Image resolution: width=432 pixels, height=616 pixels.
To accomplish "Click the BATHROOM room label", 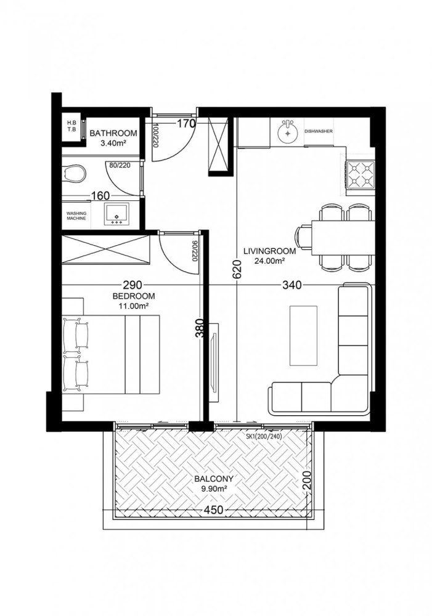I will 113,132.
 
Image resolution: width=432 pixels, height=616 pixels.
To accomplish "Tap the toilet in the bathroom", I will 75,174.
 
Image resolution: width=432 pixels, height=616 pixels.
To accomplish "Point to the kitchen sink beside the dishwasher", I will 287,131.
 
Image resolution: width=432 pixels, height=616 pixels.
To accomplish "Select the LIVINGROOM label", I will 269,251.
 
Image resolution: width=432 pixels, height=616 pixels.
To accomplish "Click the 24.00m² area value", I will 269,260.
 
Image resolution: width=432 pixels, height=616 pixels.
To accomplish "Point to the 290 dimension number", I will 132,285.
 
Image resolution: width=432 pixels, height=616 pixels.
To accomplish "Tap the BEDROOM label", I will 133,296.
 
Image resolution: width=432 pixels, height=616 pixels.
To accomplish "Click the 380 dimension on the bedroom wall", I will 199,333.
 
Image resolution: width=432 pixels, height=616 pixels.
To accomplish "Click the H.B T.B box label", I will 71,126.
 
